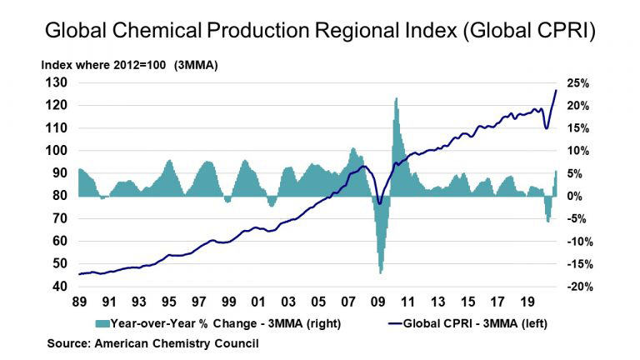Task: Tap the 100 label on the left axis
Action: pos(55,151)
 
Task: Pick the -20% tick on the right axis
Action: pos(578,287)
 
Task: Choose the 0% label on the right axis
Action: pos(575,197)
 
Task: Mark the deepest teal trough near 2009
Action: pos(381,272)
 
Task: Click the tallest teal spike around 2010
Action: pos(396,99)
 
